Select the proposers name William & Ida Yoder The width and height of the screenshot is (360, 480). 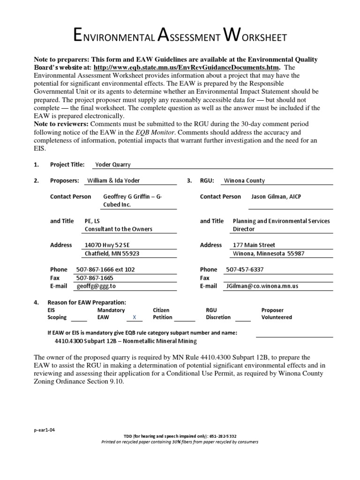(x=113, y=180)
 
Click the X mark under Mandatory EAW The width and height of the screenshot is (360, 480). (x=134, y=317)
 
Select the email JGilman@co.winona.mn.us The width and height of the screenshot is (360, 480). (x=262, y=286)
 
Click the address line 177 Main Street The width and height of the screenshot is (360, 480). (x=254, y=245)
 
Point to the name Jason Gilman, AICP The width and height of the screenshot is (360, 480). (x=276, y=196)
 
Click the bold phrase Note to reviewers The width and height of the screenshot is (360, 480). (x=60, y=124)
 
